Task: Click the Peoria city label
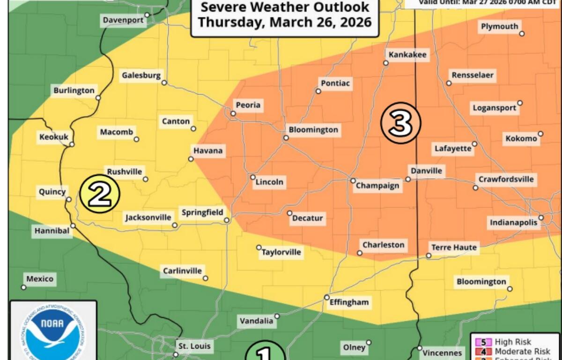click(x=248, y=105)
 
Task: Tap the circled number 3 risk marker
click(x=400, y=123)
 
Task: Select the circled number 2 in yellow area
click(x=100, y=194)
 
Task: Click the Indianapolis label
click(x=514, y=223)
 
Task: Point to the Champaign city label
click(x=377, y=186)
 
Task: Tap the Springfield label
click(x=202, y=213)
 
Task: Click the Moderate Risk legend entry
click(x=516, y=352)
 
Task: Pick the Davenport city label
click(x=123, y=20)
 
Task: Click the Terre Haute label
click(x=454, y=247)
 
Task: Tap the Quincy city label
click(x=52, y=192)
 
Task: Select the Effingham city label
click(x=349, y=302)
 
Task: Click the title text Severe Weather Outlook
click(x=285, y=7)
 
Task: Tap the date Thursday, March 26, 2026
click(x=285, y=22)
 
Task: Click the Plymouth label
click(x=499, y=27)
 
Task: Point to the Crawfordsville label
click(x=506, y=180)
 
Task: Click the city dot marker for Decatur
click(x=289, y=213)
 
